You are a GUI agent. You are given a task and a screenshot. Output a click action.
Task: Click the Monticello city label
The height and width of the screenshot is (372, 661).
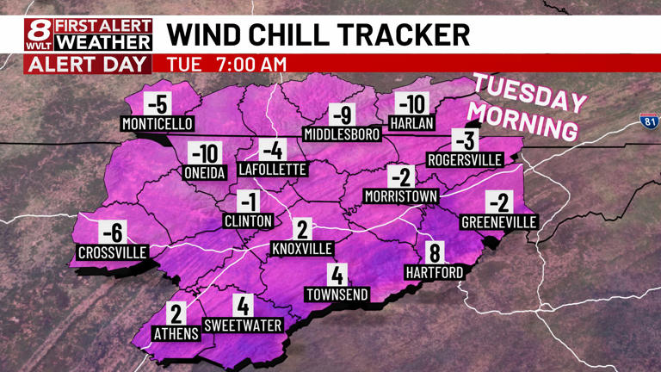point(158,124)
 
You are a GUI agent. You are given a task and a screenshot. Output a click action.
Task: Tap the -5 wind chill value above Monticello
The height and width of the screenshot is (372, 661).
point(157,104)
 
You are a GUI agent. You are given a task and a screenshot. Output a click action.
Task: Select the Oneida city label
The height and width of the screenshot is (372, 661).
point(205,173)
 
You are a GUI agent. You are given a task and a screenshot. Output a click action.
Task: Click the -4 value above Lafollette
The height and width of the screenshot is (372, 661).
point(272,149)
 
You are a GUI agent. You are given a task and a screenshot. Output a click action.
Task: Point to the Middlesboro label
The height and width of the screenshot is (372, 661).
point(342,134)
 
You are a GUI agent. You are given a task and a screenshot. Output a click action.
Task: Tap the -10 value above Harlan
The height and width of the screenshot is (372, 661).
point(411,104)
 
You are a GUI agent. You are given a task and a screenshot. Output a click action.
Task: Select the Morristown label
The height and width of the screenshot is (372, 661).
point(400,196)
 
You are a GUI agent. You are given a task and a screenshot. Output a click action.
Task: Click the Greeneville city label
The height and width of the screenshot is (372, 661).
point(499,222)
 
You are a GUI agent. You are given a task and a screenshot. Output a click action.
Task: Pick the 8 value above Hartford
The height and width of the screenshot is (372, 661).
point(435,253)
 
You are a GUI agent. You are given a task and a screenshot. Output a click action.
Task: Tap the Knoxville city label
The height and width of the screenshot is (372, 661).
point(302,249)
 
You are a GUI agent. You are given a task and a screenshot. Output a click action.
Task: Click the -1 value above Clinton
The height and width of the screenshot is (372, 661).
point(248,201)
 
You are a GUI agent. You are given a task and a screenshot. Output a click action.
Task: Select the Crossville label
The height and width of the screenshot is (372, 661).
point(112,252)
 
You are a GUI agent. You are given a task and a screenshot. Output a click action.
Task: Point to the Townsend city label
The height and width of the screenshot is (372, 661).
point(337,294)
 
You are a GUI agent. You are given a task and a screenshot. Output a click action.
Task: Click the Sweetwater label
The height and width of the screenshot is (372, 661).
point(243,325)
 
